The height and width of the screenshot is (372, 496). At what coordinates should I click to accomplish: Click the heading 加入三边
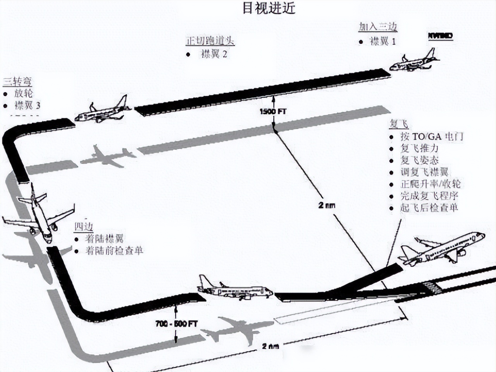pos(378,27)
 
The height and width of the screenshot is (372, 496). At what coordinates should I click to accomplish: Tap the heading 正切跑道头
pos(210,41)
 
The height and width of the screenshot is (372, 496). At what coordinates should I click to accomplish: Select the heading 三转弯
pos(17,81)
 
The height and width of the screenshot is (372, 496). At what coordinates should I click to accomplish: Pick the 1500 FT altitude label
pos(273,111)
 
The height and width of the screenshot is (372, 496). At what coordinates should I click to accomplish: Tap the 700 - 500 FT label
pos(176,324)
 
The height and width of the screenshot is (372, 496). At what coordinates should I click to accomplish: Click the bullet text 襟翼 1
pos(383,41)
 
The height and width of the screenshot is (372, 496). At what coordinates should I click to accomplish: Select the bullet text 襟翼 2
pos(214,54)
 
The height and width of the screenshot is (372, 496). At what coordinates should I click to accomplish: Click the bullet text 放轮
pos(24,93)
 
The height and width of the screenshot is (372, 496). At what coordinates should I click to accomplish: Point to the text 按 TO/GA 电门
pos(432,136)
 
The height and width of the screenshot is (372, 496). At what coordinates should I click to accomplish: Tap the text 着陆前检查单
pos(114,251)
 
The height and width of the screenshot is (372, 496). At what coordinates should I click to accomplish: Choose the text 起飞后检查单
pos(429,208)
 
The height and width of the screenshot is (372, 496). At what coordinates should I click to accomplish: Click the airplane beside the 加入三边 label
pos(414,61)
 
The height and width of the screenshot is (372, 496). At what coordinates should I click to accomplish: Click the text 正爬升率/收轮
pos(431,184)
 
